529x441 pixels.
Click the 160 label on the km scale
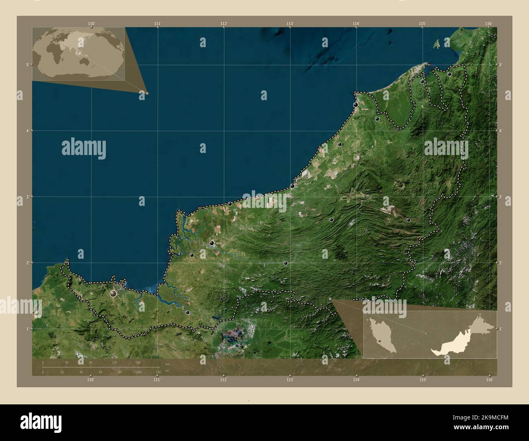click(x=138, y=362)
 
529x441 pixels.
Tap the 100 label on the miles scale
click(x=139, y=372)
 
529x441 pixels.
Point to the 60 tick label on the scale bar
click(x=100, y=372)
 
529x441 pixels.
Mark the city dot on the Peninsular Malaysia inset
click(x=379, y=341)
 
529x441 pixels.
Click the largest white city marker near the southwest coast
click(x=114, y=293)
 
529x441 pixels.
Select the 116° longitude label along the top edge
click(x=489, y=24)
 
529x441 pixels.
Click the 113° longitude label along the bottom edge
click(x=290, y=380)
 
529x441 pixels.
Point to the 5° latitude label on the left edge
click(x=26, y=64)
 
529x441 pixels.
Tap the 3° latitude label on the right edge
click(x=501, y=196)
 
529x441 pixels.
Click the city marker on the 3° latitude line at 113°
click(x=292, y=186)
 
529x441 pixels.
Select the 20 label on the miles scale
click(x=62, y=372)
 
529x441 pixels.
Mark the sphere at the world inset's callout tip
click(x=147, y=93)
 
